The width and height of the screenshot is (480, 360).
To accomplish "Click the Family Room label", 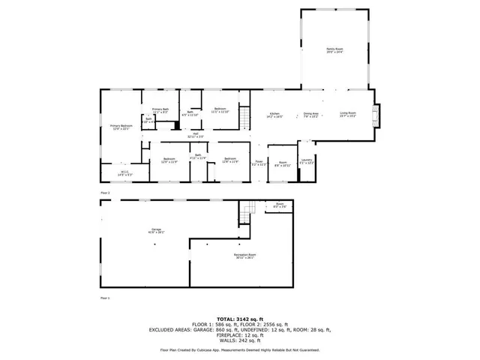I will point(334,49).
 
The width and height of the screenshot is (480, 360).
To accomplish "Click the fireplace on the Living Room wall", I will point(378,115).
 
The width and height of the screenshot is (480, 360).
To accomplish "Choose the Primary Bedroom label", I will point(121,126).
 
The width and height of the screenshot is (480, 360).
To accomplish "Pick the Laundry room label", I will point(307,161).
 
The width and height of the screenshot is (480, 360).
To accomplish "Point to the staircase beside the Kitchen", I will point(244,117).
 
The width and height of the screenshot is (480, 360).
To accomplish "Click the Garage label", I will point(156,231).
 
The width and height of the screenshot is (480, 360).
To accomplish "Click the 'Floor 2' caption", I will point(105,193).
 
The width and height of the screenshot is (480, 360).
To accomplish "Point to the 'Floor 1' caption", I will point(105,298).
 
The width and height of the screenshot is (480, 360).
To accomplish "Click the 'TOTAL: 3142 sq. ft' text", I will point(239,318).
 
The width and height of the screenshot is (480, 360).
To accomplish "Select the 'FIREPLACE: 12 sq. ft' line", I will point(239,334).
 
